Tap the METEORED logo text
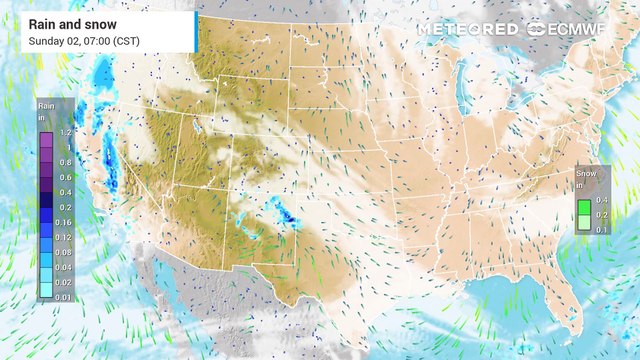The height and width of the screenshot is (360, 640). coord(468,29)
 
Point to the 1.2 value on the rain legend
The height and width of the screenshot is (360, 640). coord(65,132)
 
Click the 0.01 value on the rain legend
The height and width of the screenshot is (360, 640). coord(65,296)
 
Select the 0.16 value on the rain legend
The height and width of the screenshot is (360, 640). coord(65,221)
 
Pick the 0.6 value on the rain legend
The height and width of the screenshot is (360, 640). coord(65,177)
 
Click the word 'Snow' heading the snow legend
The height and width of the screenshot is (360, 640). coord(585,172)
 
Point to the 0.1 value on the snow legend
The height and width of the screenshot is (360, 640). coord(601,229)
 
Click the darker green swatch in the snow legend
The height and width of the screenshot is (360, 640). coord(583,205)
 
